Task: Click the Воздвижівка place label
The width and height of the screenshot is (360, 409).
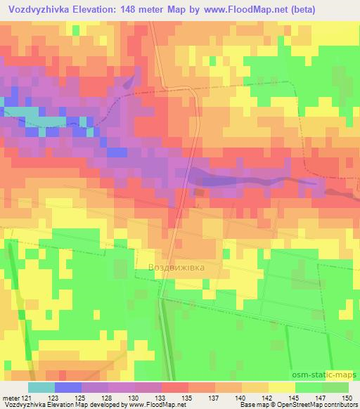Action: point(181,268)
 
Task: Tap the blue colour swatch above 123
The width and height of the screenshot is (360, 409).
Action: point(68,387)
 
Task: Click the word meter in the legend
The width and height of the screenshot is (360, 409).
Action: point(11,397)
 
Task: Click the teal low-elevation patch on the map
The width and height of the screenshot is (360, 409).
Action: point(28,119)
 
